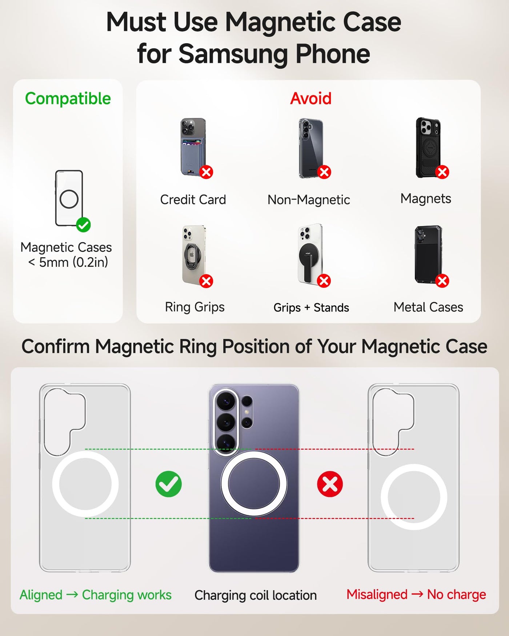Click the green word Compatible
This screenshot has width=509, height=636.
(68, 98)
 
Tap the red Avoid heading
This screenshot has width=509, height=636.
(311, 98)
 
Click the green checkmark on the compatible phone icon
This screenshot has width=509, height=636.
(83, 225)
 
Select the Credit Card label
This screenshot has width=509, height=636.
(193, 200)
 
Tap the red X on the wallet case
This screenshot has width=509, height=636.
(206, 172)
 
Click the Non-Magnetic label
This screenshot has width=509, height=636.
(309, 200)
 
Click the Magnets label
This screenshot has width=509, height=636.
(426, 198)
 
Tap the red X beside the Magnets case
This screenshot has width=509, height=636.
(442, 172)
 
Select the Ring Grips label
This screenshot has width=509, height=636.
(195, 307)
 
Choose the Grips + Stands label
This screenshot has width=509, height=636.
(311, 307)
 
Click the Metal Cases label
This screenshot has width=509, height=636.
(428, 307)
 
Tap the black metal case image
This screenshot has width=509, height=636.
(428, 254)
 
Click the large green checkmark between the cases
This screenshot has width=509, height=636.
(169, 484)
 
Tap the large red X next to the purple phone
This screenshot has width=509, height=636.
(330, 484)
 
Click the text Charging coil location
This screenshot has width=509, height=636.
(256, 595)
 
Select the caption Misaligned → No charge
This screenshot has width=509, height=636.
(416, 595)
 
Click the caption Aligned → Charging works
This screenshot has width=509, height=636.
(96, 595)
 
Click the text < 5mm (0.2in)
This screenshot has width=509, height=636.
(68, 262)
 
